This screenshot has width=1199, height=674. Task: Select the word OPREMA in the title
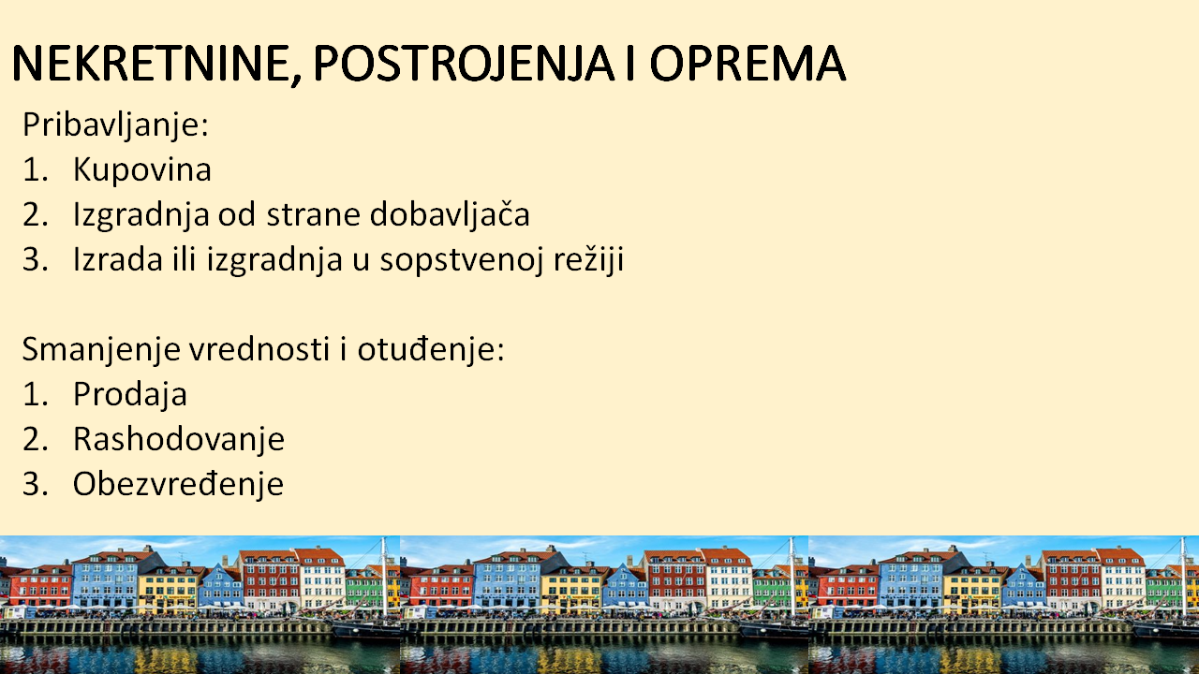pos(748,63)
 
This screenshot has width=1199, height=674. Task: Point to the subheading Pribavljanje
pos(115,125)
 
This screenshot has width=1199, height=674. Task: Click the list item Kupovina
pos(142,169)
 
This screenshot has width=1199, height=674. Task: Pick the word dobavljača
pos(450,214)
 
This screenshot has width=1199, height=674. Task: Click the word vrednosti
pos(259,349)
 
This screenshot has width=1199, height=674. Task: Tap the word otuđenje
pos(431,350)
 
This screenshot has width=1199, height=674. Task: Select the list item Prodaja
pos(130,395)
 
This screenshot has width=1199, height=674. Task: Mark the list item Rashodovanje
pos(179,440)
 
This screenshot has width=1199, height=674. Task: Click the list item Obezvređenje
pos(178,485)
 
